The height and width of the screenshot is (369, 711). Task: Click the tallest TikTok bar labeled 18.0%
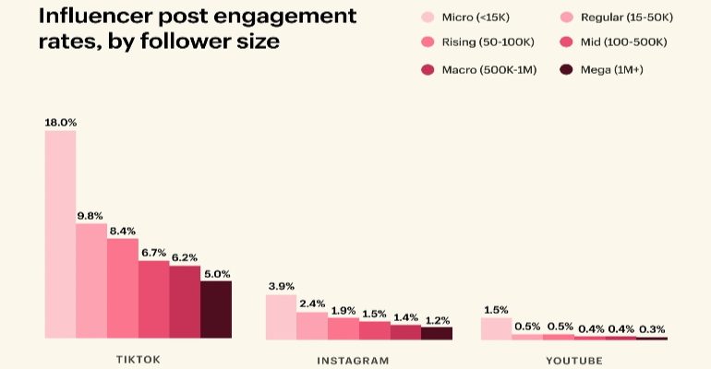click(60, 234)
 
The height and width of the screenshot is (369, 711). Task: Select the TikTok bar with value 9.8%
click(91, 280)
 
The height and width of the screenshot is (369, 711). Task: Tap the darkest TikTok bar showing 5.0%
click(216, 309)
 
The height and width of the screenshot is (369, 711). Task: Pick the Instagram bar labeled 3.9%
click(281, 316)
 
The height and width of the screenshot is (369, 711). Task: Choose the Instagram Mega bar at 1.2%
click(437, 333)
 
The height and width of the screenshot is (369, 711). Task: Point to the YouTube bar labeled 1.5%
click(497, 327)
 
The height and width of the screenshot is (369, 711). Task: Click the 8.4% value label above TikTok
click(122, 230)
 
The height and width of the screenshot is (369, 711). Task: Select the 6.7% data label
click(153, 252)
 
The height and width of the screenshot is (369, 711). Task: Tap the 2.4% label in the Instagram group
click(312, 303)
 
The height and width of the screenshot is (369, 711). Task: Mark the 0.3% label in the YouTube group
click(652, 327)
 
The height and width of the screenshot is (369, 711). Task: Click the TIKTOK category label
click(139, 360)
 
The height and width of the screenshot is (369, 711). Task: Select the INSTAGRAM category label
click(358, 360)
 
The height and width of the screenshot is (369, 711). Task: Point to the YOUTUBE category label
click(573, 360)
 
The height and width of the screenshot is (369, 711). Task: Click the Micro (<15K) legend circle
click(427, 17)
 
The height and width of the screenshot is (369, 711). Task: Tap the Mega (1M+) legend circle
click(566, 69)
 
